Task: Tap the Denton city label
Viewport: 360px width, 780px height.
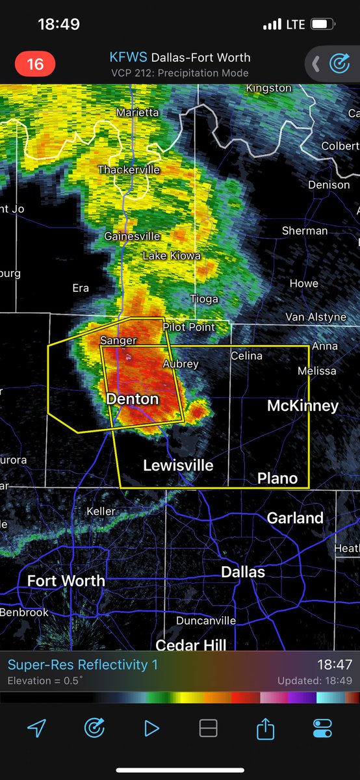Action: tap(132, 398)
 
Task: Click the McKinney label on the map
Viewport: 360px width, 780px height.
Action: tap(303, 406)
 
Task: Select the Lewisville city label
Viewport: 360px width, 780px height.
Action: tap(178, 465)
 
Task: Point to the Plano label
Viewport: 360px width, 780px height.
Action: tap(277, 478)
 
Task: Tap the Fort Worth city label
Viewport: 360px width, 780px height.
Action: tap(66, 580)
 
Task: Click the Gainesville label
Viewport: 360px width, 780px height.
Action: tap(132, 236)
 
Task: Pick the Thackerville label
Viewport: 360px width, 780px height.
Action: tap(129, 170)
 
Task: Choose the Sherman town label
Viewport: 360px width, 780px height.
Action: tap(305, 231)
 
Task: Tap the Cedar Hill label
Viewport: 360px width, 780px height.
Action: tap(191, 645)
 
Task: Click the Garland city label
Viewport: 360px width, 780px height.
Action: tap(295, 518)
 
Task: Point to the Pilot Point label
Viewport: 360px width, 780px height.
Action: tap(188, 327)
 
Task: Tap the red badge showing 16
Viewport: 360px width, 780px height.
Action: tap(35, 64)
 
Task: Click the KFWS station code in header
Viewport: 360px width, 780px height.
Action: tap(129, 58)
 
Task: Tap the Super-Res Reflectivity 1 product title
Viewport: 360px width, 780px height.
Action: tap(83, 665)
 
